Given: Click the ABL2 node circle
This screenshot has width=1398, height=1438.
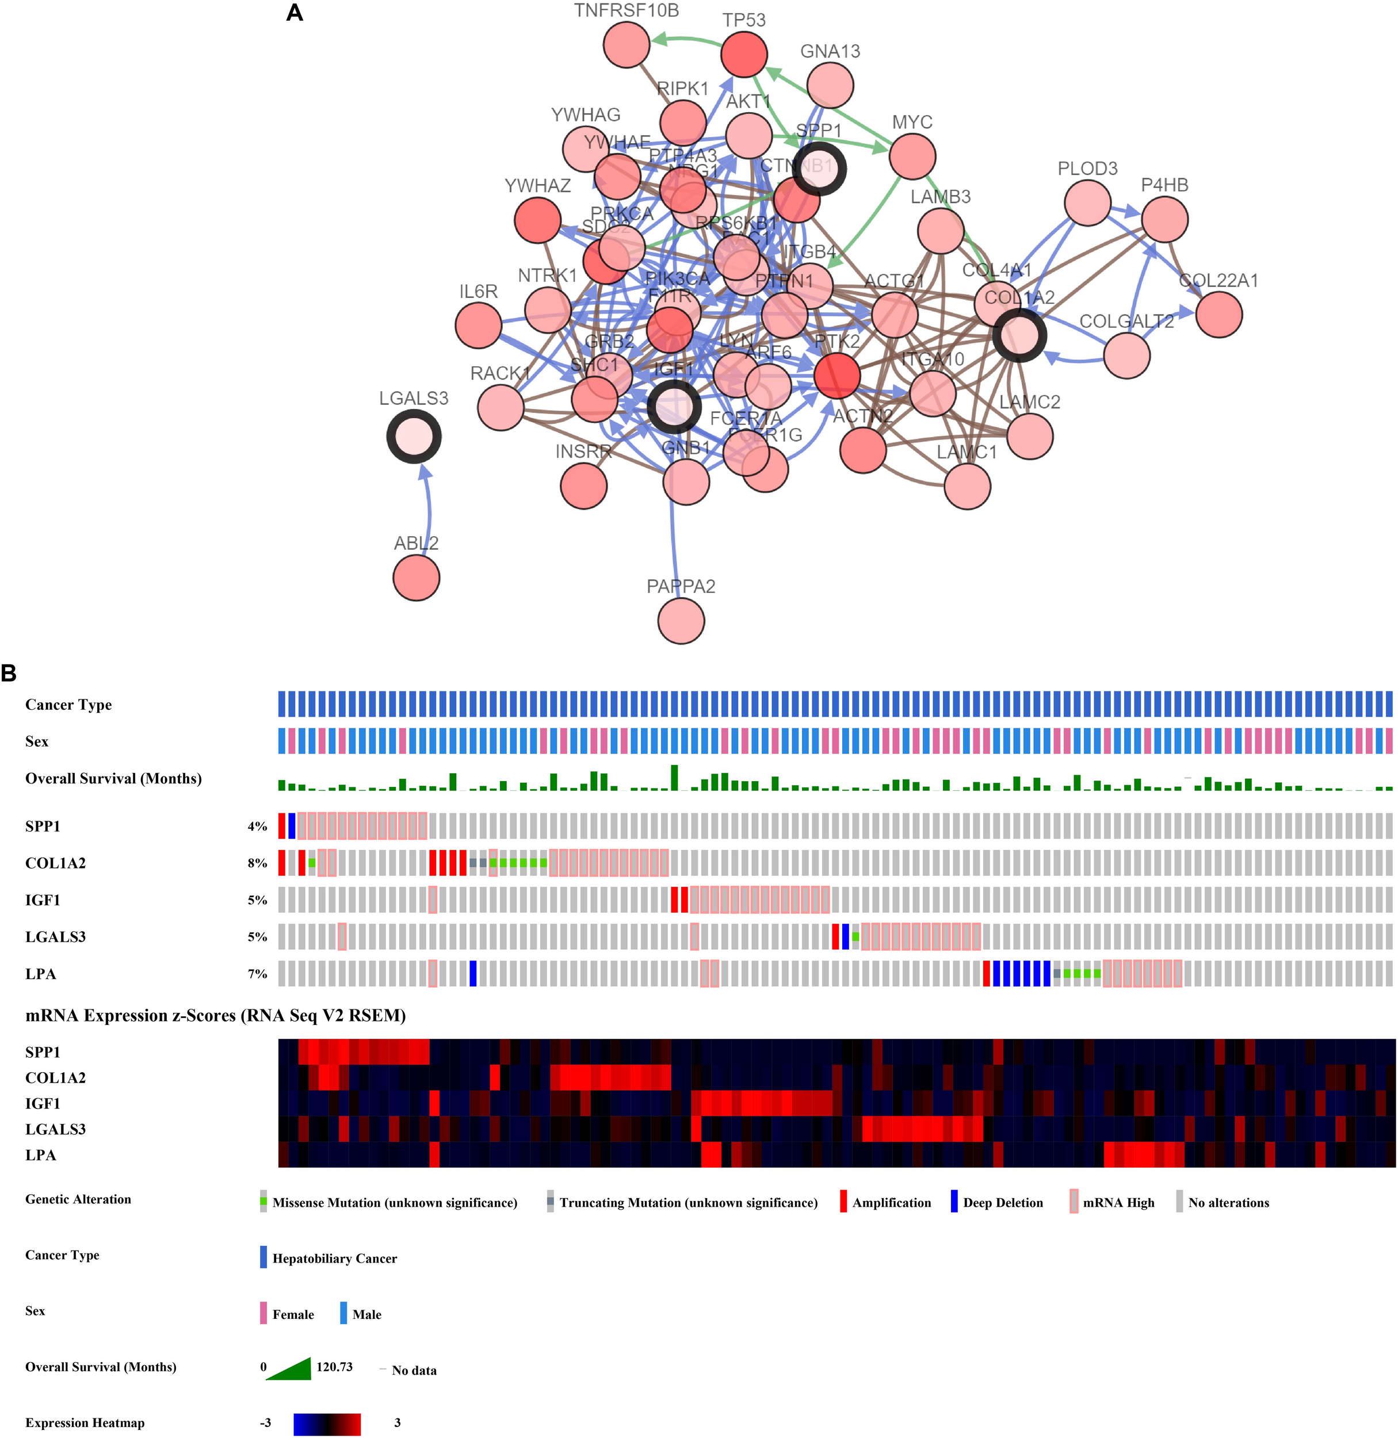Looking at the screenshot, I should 417,578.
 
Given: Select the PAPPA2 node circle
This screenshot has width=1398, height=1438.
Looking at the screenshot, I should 681,621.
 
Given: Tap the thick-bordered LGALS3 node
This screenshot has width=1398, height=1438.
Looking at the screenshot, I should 414,437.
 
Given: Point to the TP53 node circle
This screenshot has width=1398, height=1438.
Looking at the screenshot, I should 744,53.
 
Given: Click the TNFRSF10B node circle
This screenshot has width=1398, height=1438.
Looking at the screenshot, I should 627,44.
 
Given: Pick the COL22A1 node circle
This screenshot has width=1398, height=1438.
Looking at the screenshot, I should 1219,314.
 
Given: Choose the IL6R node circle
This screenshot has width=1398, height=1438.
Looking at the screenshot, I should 478,324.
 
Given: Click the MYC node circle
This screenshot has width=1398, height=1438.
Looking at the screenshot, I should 912,156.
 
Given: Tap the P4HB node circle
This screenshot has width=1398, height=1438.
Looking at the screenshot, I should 1164,219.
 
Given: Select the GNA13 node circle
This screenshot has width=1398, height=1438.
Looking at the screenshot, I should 830,85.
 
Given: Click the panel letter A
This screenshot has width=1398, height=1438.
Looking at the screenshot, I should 295,13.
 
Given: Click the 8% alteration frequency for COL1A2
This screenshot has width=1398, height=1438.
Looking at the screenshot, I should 257,863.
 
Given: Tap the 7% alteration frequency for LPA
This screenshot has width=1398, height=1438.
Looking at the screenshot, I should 257,974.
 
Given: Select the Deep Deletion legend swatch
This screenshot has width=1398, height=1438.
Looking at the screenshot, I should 954,1202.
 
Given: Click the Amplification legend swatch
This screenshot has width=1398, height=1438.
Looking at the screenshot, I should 843,1202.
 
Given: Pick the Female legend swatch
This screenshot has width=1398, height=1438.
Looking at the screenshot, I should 263,1314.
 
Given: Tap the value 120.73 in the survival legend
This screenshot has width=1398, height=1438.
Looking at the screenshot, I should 334,1367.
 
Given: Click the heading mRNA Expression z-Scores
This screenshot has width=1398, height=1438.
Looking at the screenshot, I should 215,1015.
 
